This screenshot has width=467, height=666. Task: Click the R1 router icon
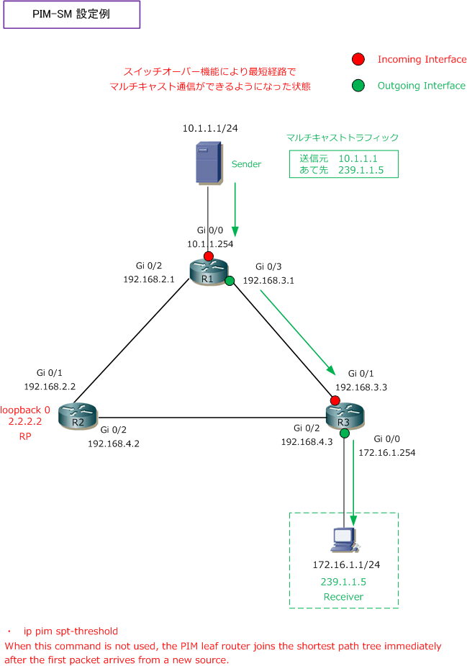[x=209, y=272]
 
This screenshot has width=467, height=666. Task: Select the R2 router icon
[x=78, y=416]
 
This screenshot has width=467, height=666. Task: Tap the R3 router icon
[x=345, y=416]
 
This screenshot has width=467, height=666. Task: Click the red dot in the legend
[x=358, y=60]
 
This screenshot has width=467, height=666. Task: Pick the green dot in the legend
[x=358, y=86]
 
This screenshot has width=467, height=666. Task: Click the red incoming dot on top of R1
[x=209, y=256]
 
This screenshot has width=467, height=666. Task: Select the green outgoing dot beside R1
[x=230, y=281]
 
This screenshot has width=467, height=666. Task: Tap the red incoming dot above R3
[x=335, y=400]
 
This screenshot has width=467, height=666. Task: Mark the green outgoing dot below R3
[x=345, y=433]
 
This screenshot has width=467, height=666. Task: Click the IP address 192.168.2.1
[x=149, y=279]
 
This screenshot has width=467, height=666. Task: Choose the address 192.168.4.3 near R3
[x=307, y=442]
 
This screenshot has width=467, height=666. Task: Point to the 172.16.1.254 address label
[x=386, y=453]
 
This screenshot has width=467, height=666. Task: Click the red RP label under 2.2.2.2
[x=25, y=436]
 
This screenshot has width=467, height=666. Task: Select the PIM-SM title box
[x=72, y=14]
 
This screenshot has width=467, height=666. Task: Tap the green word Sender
[x=246, y=164]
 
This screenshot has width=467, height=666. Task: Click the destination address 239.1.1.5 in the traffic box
[x=361, y=170]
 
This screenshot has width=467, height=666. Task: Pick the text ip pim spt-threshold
[x=71, y=631]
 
